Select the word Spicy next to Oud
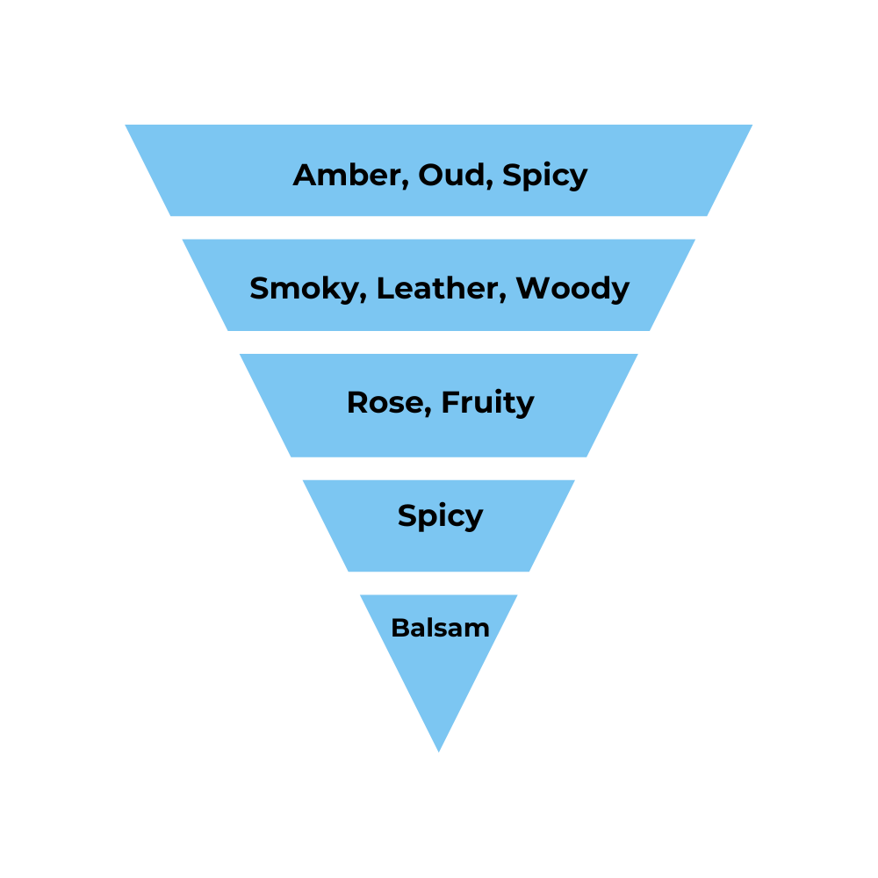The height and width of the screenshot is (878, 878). click(545, 176)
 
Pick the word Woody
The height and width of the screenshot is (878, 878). click(572, 288)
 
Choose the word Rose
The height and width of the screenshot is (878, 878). click(384, 402)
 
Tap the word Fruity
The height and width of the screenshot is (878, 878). click(487, 403)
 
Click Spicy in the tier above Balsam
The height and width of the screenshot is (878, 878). click(440, 515)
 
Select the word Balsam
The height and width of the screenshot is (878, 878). click(440, 628)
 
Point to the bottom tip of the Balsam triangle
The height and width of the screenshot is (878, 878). click(439, 749)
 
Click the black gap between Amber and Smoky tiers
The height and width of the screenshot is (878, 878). click(439, 227)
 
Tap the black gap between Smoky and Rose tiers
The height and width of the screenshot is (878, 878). click(439, 342)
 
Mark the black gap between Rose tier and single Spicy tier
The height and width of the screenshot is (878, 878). click(439, 468)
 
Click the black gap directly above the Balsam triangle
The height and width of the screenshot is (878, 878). click(439, 583)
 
